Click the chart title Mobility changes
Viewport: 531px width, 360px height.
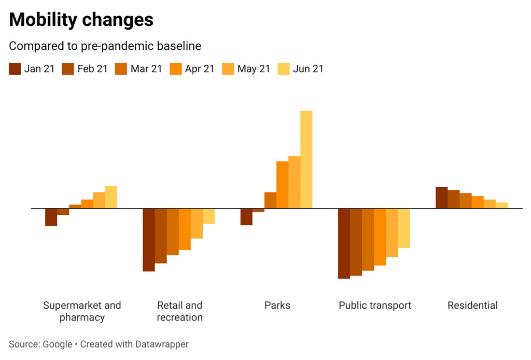tap(81, 20)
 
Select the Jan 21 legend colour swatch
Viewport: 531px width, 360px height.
tap(15, 68)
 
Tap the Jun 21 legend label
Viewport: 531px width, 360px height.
tap(308, 68)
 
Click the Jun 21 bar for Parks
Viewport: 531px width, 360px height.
tap(306, 159)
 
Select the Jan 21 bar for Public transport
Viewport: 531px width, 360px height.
tap(344, 243)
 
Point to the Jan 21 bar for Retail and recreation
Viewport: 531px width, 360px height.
tap(149, 240)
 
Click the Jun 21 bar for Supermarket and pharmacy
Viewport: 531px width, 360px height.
tap(111, 197)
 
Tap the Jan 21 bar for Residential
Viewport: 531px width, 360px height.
tap(441, 198)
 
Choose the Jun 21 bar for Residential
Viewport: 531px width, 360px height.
tap(501, 205)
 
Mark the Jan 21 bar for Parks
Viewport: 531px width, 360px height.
tap(246, 217)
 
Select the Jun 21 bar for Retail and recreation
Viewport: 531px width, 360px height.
tap(208, 216)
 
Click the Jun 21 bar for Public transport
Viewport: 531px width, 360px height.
tap(404, 228)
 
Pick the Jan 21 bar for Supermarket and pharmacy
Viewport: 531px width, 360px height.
tap(51, 217)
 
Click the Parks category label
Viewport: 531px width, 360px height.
tap(277, 306)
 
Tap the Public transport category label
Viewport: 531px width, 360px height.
tap(375, 306)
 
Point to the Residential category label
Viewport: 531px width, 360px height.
tap(472, 306)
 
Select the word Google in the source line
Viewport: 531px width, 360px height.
tap(57, 344)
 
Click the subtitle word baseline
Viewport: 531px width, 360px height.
tap(181, 46)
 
